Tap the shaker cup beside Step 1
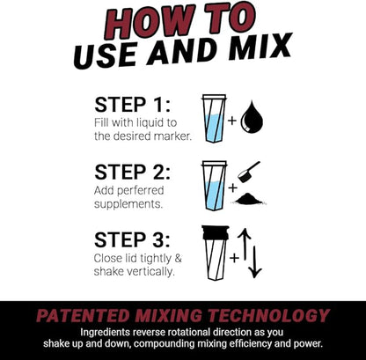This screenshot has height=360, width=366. [214, 119]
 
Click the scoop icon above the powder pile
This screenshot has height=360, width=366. [250, 171]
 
